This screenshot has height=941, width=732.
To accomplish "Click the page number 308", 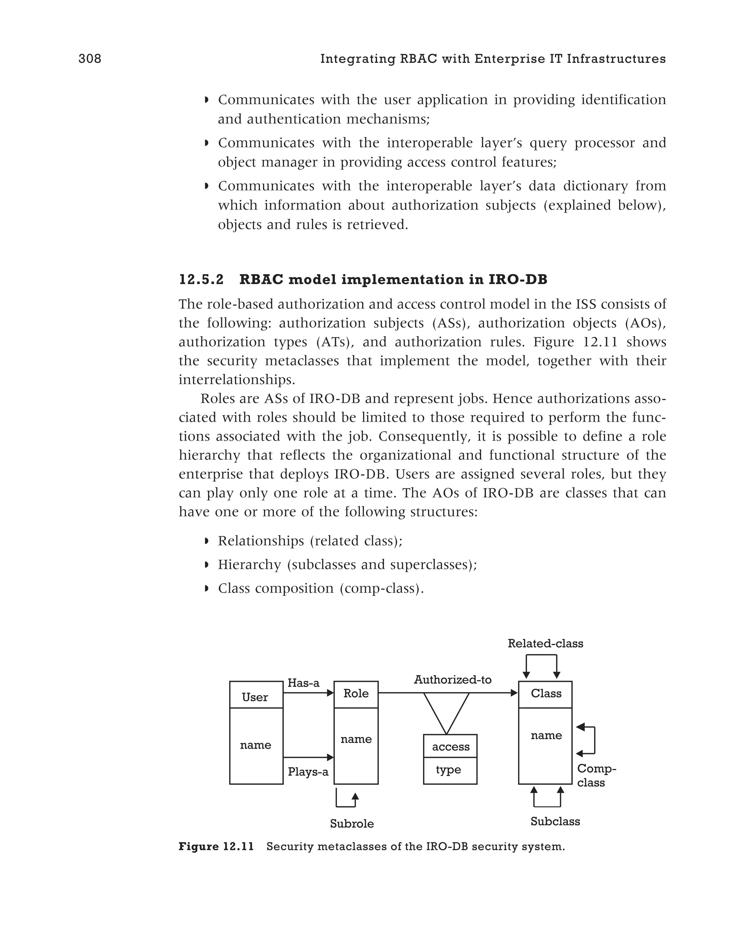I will [90, 59].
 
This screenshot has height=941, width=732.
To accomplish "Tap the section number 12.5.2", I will [201, 280].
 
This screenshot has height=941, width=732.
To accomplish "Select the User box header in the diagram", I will [256, 697].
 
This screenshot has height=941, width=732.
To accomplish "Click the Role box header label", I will [356, 693].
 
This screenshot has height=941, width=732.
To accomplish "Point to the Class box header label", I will [546, 693].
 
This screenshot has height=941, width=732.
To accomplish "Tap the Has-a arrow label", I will [303, 683].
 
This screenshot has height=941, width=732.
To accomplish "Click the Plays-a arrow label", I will [308, 772].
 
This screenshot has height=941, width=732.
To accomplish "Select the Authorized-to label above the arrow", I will [452, 679].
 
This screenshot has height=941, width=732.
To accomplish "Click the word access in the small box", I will [450, 747].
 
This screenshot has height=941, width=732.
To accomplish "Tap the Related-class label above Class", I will [545, 643].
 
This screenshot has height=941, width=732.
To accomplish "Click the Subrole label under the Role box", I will [352, 824].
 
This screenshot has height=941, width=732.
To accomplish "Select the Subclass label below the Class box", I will [555, 821].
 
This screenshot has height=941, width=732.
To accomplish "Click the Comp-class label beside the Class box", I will [596, 776].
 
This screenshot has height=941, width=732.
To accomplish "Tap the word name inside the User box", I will [256, 745].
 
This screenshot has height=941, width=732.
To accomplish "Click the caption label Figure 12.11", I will [216, 847].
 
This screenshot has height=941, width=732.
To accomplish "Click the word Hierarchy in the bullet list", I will [249, 564].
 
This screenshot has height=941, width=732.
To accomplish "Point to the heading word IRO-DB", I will [518, 280].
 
